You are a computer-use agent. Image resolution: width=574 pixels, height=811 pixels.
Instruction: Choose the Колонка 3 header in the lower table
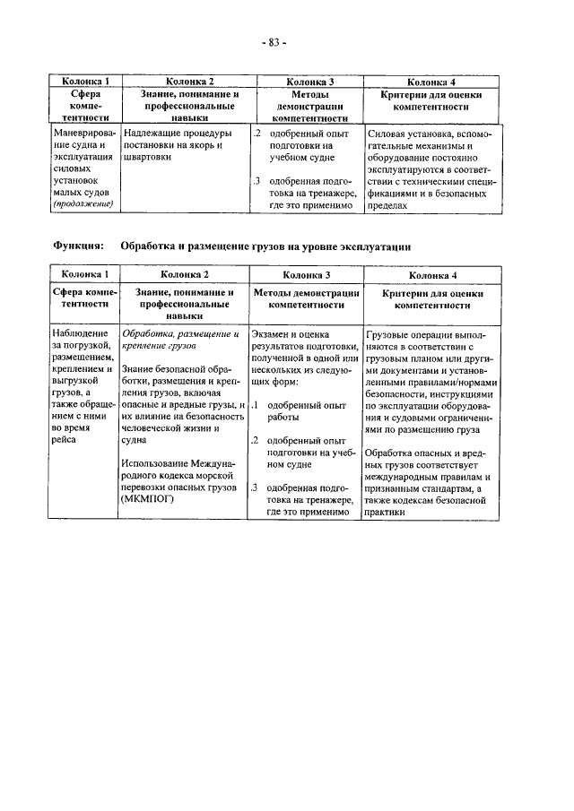point(306,275)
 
